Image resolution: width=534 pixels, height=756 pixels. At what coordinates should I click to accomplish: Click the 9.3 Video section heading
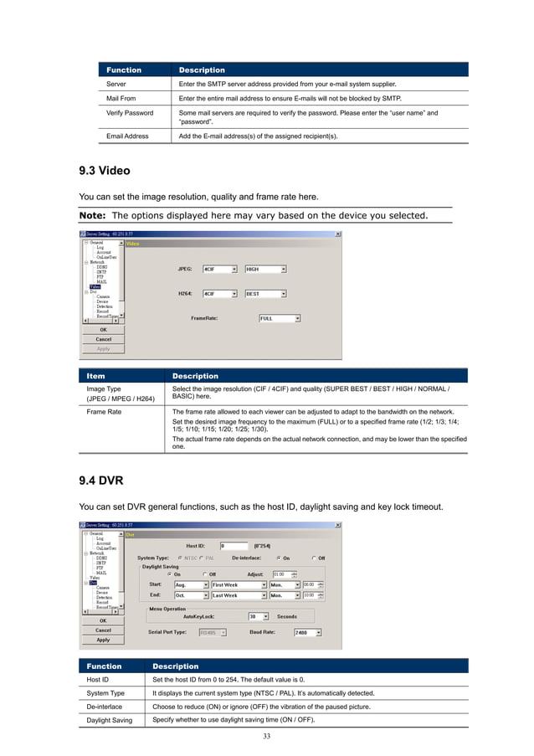click(105, 171)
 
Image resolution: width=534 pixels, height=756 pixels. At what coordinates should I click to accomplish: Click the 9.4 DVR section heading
click(101, 481)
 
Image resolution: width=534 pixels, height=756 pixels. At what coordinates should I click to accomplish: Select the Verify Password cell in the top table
click(130, 112)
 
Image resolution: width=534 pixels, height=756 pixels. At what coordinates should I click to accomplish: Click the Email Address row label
click(127, 135)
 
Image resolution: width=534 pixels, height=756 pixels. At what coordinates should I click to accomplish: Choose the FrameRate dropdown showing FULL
click(279, 318)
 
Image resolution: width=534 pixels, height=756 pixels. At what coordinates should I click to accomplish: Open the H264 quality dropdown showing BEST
click(266, 294)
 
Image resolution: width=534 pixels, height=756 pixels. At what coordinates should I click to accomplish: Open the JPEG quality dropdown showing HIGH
click(266, 270)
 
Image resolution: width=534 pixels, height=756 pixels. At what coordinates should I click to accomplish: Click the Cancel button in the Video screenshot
click(103, 339)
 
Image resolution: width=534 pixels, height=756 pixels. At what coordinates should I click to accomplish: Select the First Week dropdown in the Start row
click(239, 584)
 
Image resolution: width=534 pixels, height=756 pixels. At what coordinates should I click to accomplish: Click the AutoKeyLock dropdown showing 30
click(264, 616)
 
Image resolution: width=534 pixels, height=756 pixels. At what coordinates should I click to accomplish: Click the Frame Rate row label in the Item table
click(105, 412)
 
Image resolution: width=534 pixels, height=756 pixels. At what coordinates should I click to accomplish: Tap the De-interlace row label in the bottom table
click(107, 707)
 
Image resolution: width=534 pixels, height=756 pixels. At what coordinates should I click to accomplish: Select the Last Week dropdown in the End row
click(239, 595)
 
